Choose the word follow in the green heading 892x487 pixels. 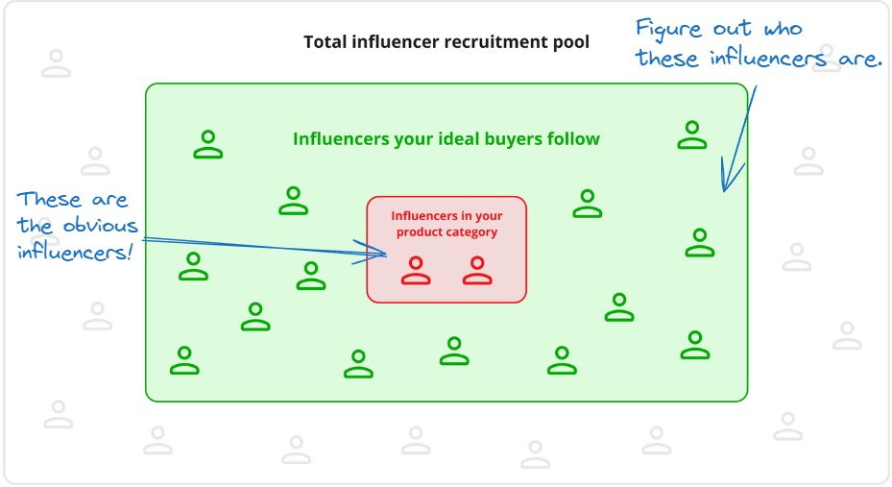573,139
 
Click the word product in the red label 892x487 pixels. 422,232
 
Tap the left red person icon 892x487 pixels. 416,271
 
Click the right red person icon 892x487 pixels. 477,271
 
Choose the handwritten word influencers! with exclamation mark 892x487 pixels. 77,255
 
